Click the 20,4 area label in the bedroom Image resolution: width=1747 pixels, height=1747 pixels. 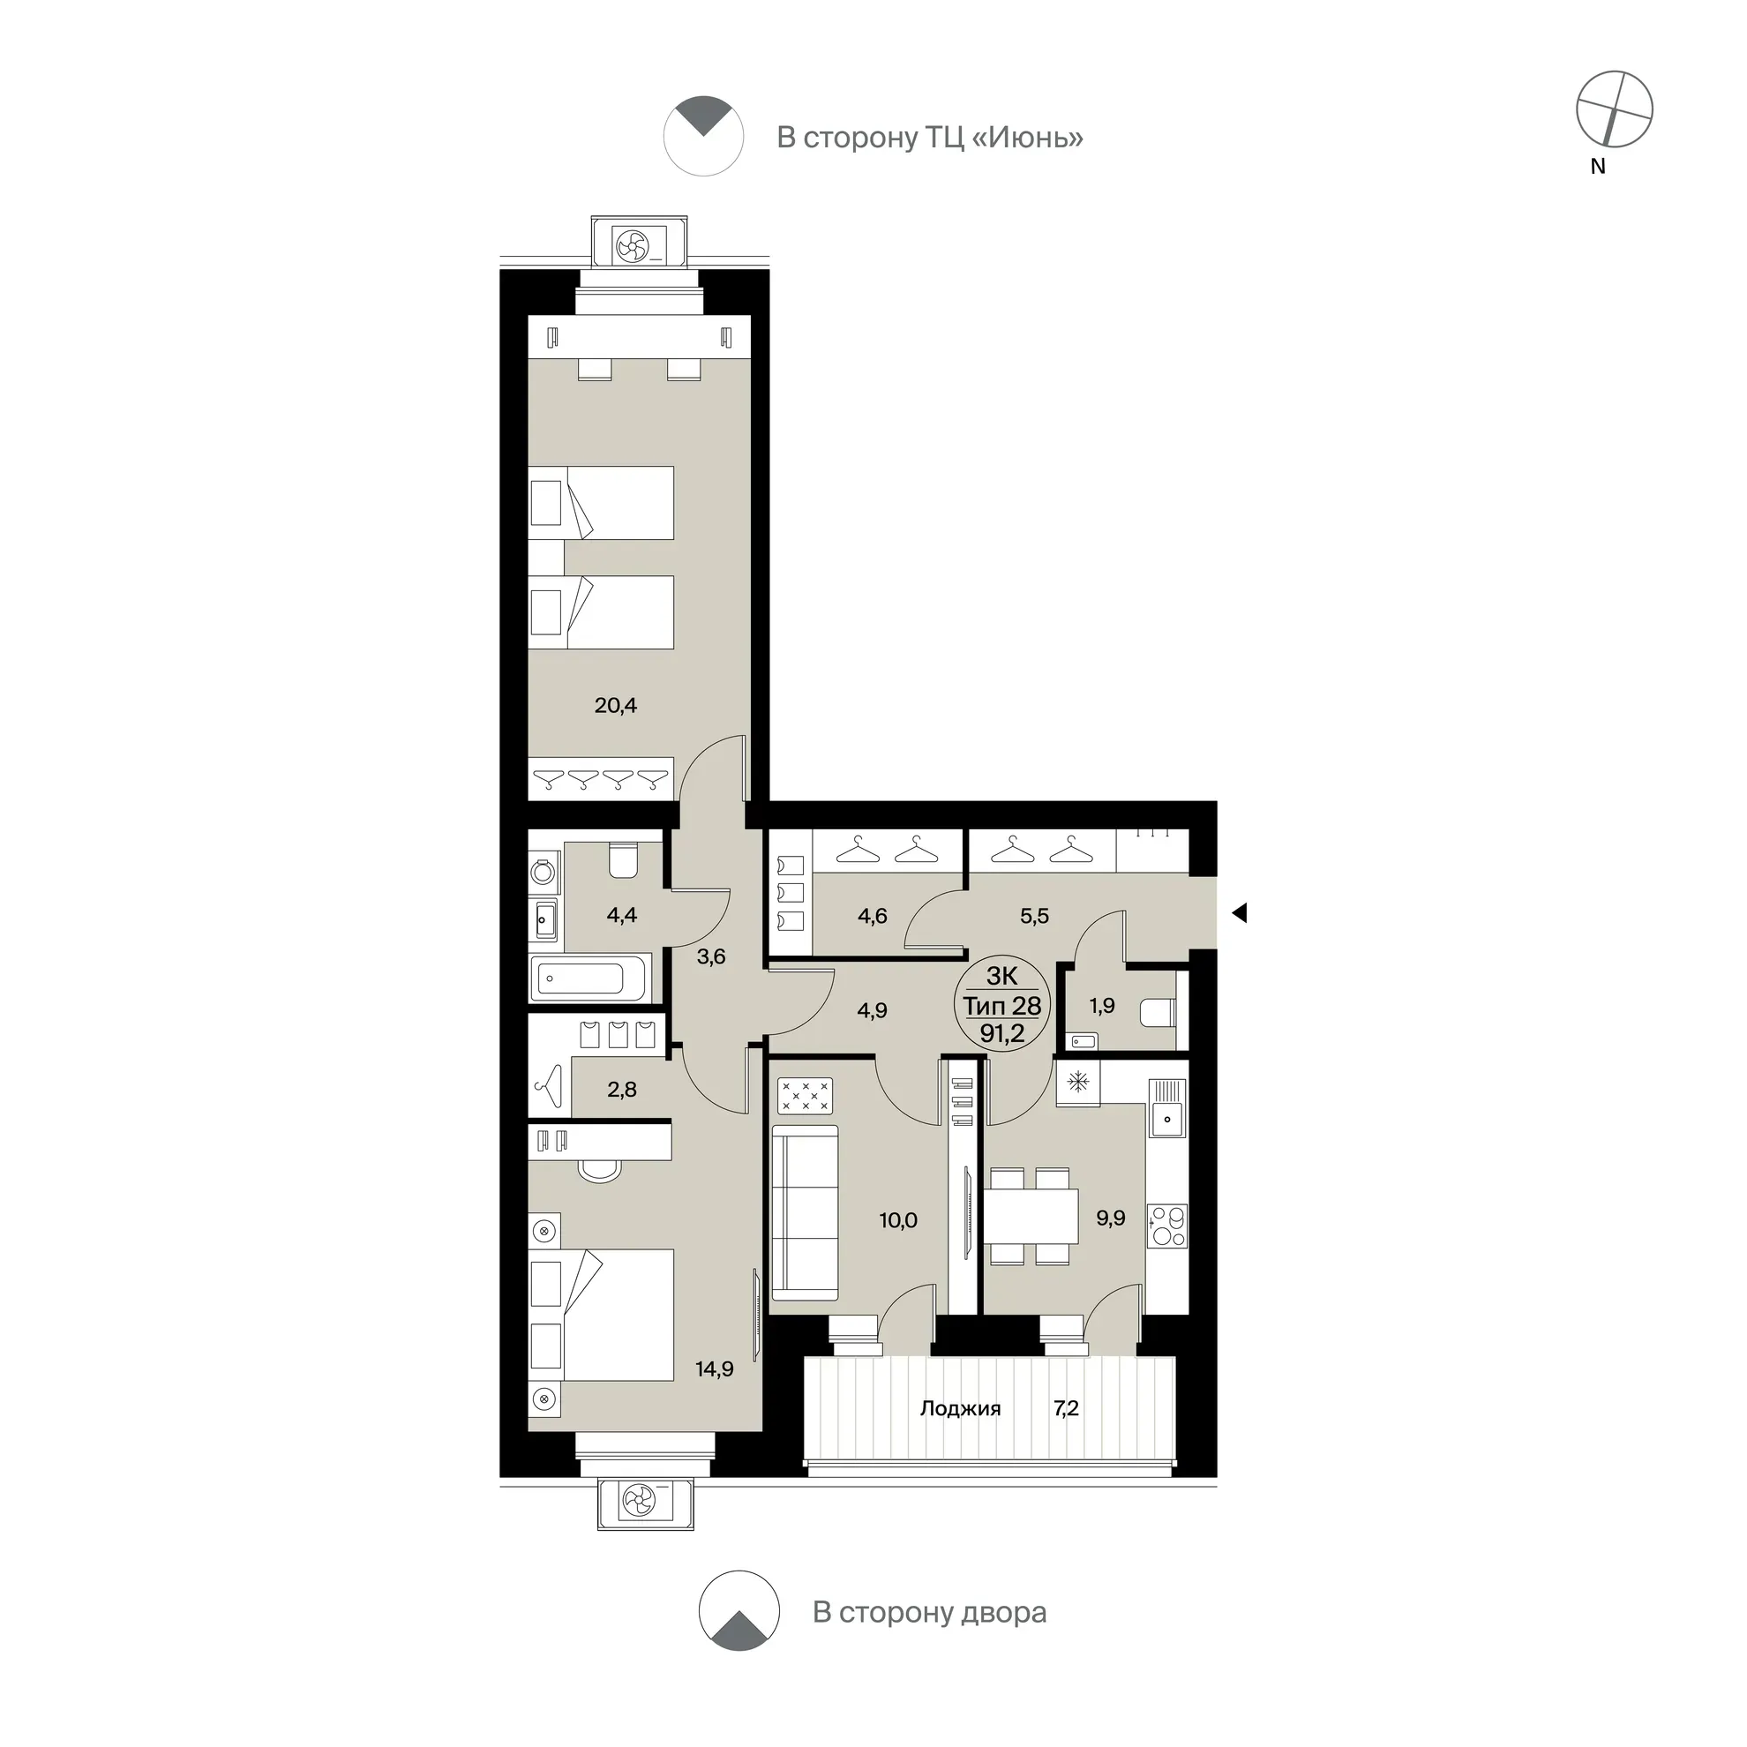(x=615, y=705)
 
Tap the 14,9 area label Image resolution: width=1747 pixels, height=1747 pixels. (x=715, y=1369)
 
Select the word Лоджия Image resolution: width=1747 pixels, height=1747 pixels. (x=960, y=1409)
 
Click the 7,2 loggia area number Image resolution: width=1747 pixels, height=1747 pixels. (x=1066, y=1408)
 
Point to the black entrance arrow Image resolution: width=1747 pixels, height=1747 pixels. (x=1240, y=913)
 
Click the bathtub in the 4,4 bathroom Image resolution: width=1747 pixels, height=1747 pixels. (x=590, y=978)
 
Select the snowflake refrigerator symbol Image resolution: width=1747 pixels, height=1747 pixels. (x=1077, y=1082)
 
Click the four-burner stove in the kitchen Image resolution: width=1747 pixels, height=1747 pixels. (x=1166, y=1227)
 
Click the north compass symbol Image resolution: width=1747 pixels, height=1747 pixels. (x=1614, y=109)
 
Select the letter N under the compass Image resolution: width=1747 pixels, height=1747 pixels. (x=1598, y=167)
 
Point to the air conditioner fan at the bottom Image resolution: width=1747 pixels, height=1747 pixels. (x=639, y=1502)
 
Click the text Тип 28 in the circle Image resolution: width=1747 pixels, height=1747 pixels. (x=1002, y=1006)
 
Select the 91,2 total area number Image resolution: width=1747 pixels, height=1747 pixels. (x=1002, y=1032)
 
